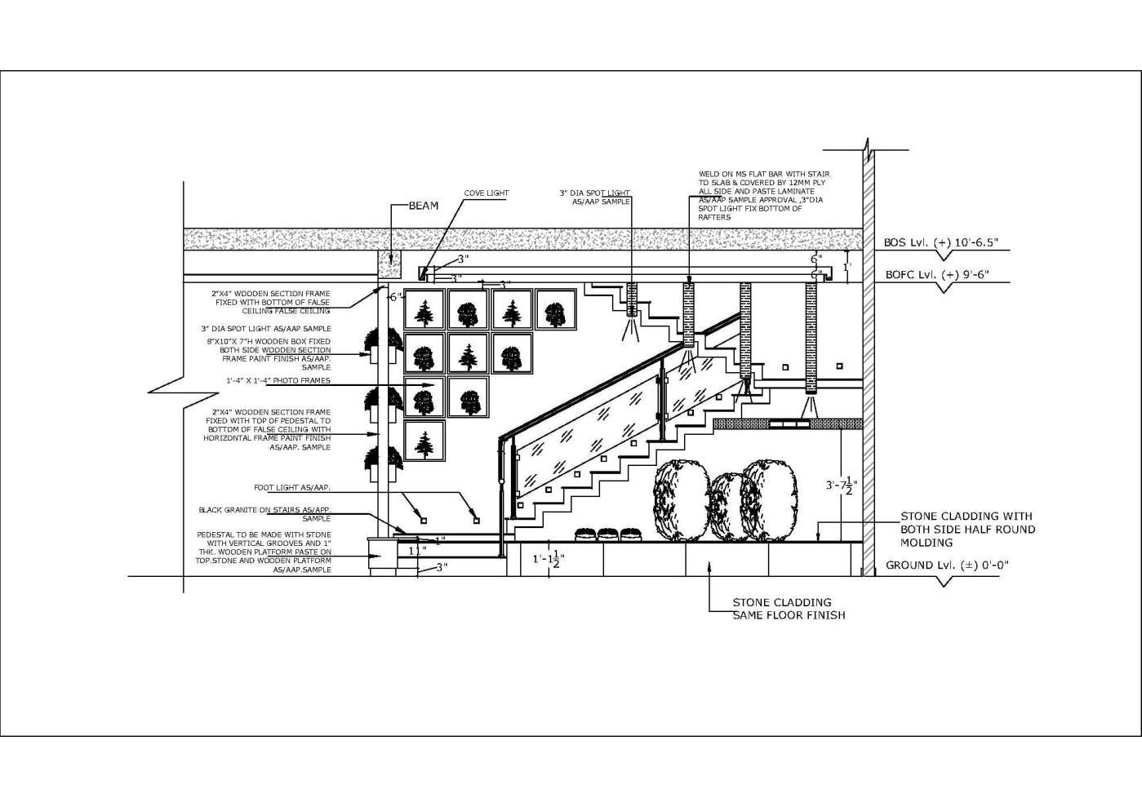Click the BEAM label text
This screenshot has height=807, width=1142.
pyautogui.click(x=423, y=206)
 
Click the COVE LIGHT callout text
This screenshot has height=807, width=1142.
pyautogui.click(x=487, y=193)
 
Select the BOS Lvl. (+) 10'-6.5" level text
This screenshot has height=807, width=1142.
pyautogui.click(x=946, y=243)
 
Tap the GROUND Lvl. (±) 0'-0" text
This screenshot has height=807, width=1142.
pyautogui.click(x=947, y=565)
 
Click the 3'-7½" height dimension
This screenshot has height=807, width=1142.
pyautogui.click(x=841, y=486)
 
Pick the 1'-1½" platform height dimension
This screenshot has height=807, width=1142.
pyautogui.click(x=548, y=559)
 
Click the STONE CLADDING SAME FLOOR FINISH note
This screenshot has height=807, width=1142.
pyautogui.click(x=788, y=609)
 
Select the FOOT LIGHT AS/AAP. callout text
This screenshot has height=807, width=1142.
pyautogui.click(x=291, y=487)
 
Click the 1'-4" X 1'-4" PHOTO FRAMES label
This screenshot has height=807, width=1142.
pyautogui.click(x=278, y=380)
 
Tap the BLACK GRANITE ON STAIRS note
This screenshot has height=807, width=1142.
pyautogui.click(x=265, y=514)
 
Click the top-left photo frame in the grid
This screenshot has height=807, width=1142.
pyautogui.click(x=424, y=311)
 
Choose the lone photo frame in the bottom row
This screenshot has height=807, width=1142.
pyautogui.click(x=424, y=441)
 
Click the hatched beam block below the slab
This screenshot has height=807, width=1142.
pyautogui.click(x=392, y=264)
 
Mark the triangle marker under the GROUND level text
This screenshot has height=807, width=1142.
pyautogui.click(x=944, y=582)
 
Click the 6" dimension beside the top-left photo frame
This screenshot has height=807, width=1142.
pyautogui.click(x=394, y=297)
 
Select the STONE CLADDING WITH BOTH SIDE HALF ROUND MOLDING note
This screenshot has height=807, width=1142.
pyautogui.click(x=967, y=529)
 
